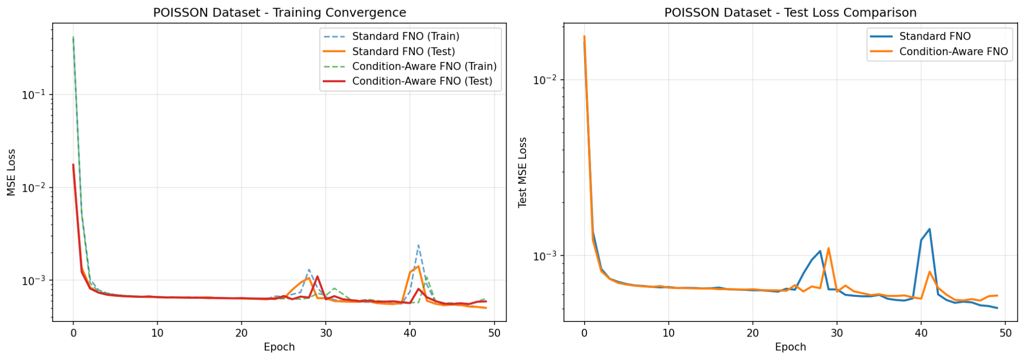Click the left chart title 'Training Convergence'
coord(279,13)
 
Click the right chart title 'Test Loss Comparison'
coord(790,13)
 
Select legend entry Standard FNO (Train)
coord(405,37)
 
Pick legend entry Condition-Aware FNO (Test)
coord(422,81)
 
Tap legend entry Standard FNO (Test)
coord(403,52)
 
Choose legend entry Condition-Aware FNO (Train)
coord(424,66)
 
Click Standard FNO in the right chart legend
coord(934,37)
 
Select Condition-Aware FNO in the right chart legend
coord(953,52)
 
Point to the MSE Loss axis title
coord(12,172)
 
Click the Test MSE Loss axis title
coord(523,172)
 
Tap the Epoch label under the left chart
coord(279,347)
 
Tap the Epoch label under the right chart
coord(790,347)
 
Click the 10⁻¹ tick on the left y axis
coord(34,95)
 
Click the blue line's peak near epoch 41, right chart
coord(929,229)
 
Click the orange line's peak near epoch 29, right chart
coord(828,248)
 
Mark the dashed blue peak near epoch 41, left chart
coord(418,245)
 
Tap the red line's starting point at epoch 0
coord(74,165)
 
